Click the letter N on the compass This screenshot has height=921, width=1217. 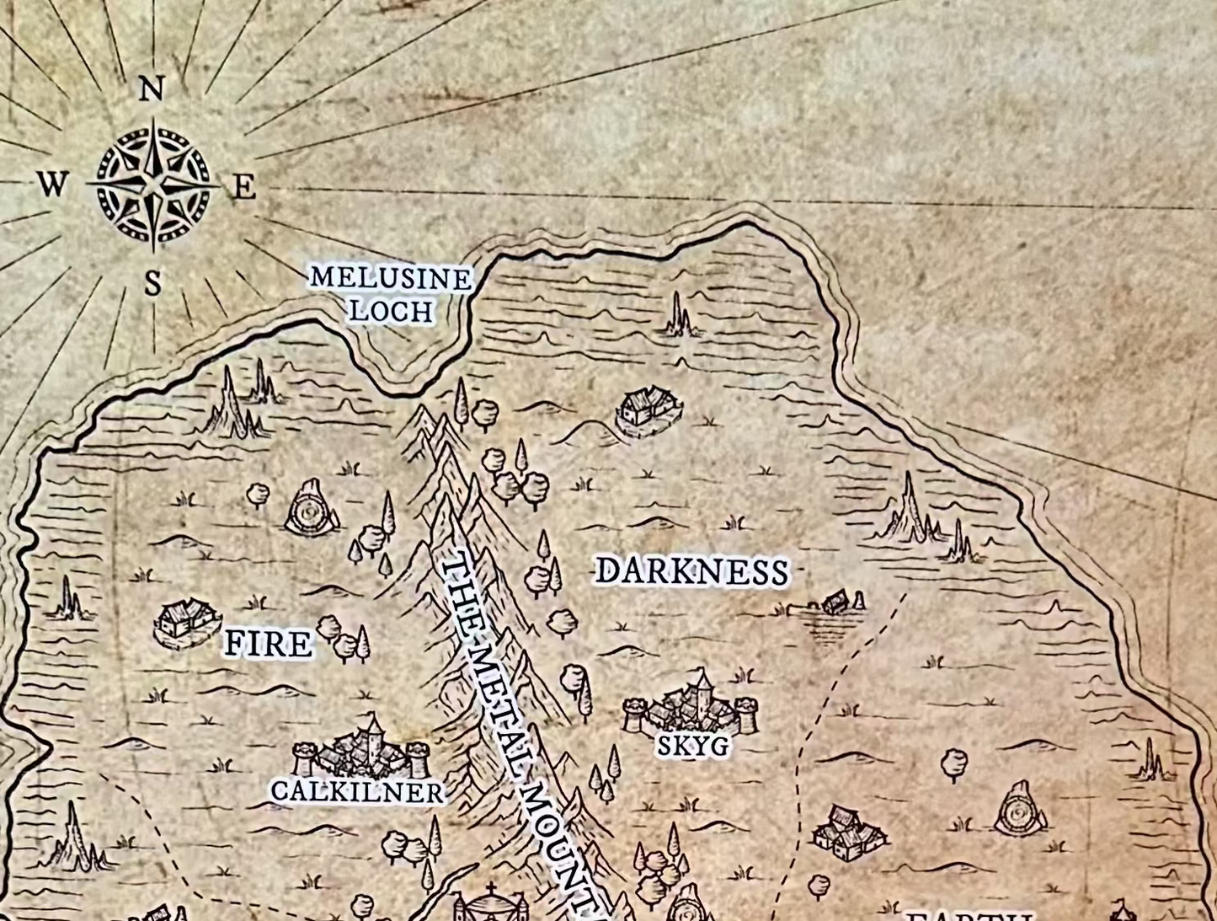point(152,88)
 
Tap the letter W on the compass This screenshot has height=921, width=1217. point(52,183)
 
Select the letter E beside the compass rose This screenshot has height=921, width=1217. point(243,187)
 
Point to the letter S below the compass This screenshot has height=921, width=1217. point(152,283)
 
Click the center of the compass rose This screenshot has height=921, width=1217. point(153,185)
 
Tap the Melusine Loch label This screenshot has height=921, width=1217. point(391,294)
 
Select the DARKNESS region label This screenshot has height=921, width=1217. point(691,571)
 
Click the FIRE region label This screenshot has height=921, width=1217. point(268,645)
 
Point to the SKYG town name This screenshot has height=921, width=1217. point(692,746)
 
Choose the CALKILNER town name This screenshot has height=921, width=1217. point(357,792)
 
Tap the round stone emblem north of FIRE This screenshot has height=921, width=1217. point(312,508)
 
